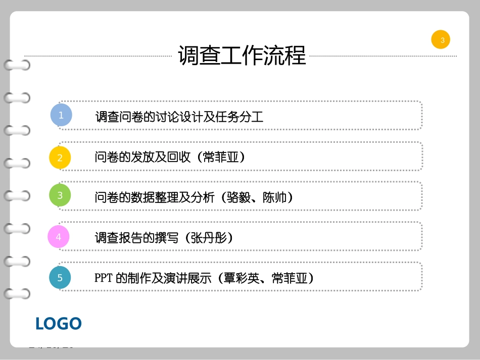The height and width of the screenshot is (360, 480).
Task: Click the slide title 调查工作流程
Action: click(242, 56)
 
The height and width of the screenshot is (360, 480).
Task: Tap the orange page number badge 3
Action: click(441, 40)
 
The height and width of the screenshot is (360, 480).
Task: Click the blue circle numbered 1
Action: click(61, 115)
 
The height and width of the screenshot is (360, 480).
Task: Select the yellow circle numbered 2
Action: click(60, 157)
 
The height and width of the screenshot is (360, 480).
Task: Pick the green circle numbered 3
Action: click(60, 195)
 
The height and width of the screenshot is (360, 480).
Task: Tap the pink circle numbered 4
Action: click(59, 237)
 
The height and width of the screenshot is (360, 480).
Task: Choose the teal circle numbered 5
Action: click(60, 278)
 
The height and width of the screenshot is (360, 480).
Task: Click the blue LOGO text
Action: click(59, 323)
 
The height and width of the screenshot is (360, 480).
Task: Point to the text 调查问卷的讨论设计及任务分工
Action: click(179, 117)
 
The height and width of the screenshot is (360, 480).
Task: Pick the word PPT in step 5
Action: click(103, 278)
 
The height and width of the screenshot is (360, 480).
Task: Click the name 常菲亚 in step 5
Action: click(289, 278)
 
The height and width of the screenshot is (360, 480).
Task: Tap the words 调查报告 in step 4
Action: click(116, 237)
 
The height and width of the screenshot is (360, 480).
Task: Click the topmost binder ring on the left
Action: click(17, 65)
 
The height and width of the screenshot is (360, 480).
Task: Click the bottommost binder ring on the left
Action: click(17, 293)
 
